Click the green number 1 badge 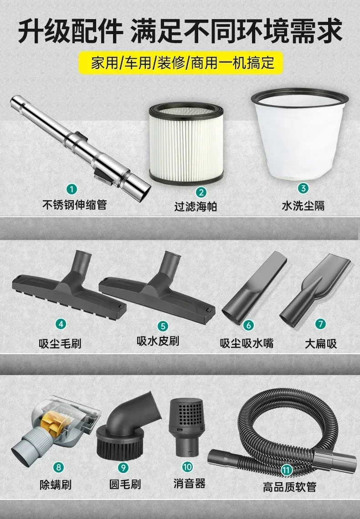tap(72, 189)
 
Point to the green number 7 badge tap(320, 324)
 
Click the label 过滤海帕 tap(196, 207)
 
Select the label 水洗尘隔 tap(303, 205)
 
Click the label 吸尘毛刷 tap(60, 344)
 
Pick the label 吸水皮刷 tap(158, 341)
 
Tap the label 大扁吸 tap(321, 344)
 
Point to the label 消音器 tap(190, 483)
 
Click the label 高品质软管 tap(290, 487)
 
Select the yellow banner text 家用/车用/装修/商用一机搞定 tap(183, 62)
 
